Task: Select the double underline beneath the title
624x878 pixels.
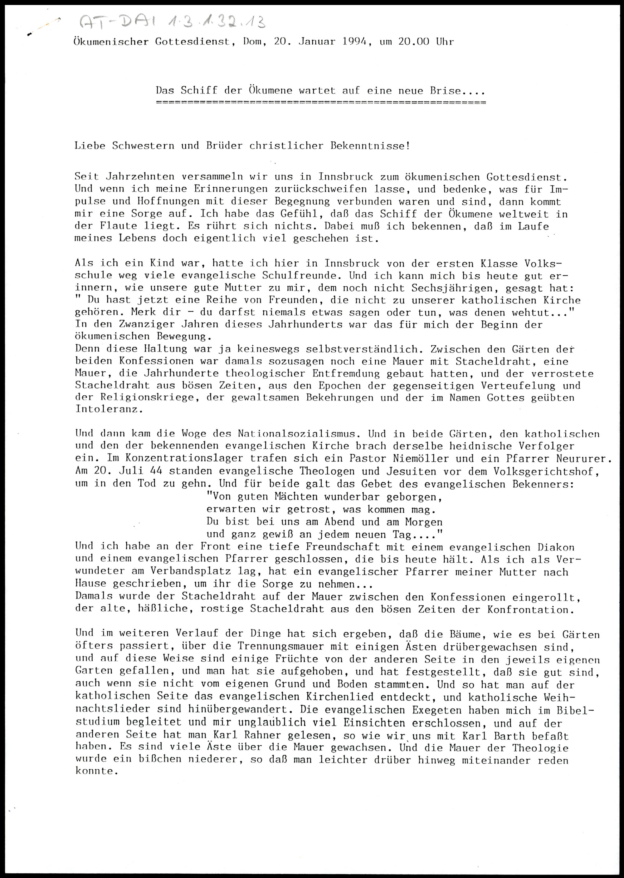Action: pos(320,103)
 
